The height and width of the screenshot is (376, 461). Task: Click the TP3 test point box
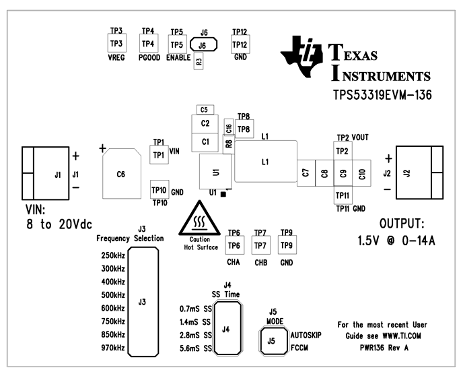(116, 44)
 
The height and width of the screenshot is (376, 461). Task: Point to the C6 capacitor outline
(121, 174)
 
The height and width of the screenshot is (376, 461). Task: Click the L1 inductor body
(265, 162)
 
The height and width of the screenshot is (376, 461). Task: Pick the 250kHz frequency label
(112, 255)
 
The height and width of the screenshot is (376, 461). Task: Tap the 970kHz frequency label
(112, 348)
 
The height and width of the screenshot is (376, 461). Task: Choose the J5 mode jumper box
(272, 341)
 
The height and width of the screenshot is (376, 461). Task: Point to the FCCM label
(301, 348)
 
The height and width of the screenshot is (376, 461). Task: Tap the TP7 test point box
(260, 245)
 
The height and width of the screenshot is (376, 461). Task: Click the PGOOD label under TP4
(148, 58)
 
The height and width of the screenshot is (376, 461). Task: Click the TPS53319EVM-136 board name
(382, 95)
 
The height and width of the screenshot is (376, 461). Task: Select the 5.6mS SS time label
(196, 348)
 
